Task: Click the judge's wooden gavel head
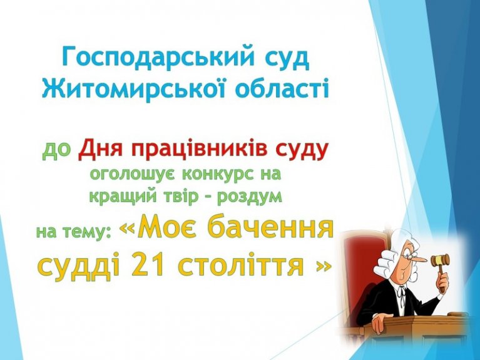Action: (440, 260)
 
